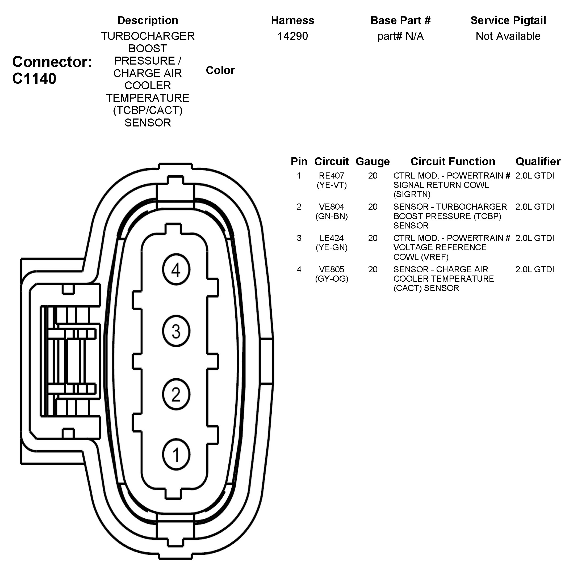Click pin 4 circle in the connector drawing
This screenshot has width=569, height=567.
pos(176,269)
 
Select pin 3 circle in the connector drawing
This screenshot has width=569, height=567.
pos(176,331)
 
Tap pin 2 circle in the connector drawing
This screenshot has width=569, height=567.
pos(176,394)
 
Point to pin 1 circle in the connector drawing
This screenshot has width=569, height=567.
pos(176,455)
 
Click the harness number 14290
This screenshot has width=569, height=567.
pos(292,36)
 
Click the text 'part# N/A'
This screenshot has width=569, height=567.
pos(400,36)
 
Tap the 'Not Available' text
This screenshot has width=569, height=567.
pos(508,36)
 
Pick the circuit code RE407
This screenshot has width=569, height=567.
pos(331,176)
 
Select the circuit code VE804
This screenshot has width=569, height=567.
pos(331,207)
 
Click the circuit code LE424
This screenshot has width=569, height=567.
pos(331,238)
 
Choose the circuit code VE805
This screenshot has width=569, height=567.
pos(331,269)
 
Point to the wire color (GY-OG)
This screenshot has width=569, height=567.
pos(331,279)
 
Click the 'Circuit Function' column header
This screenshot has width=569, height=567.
pos(453,162)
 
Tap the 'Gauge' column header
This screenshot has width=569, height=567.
pos(373,162)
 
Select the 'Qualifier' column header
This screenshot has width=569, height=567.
pos(538,162)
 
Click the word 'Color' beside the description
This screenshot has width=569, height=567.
pos(220,70)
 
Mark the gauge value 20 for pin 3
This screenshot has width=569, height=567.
pos(373,238)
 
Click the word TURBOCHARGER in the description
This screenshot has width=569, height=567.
pos(148,36)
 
